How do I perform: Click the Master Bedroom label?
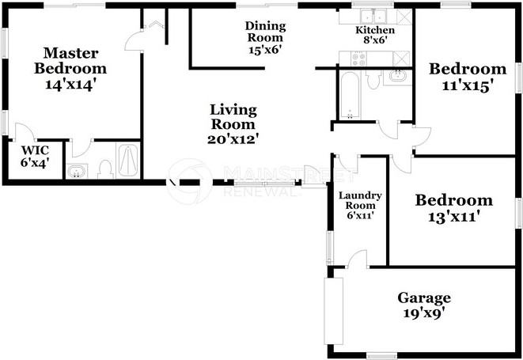70,69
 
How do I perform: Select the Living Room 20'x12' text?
233,123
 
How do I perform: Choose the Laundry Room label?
360,204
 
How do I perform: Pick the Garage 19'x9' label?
423,305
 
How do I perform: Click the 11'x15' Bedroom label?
467,77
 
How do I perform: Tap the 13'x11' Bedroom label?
453,207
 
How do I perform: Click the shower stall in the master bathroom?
127,161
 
